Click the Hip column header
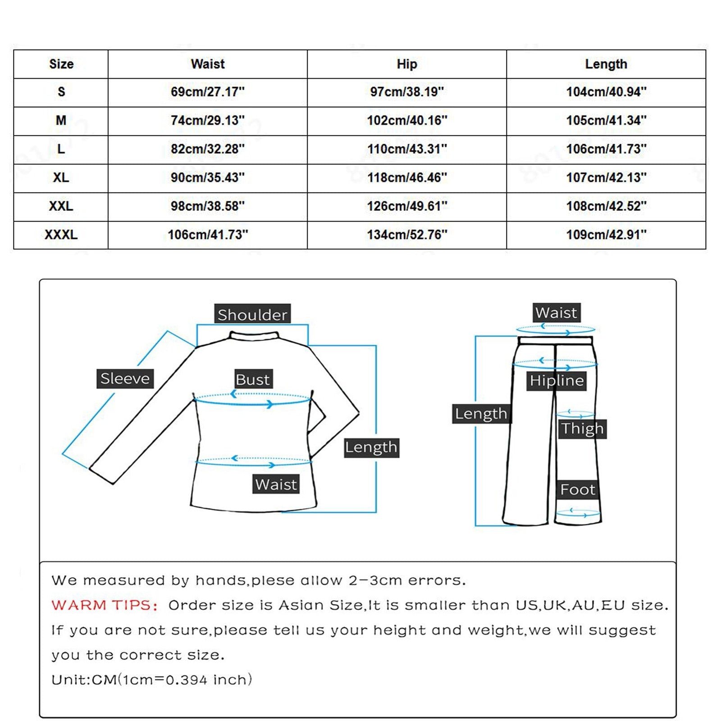(x=406, y=64)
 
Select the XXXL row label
(x=61, y=235)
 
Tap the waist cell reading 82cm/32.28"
(x=207, y=149)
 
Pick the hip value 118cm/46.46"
(x=406, y=178)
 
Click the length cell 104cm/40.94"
(x=606, y=92)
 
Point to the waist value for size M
(x=207, y=120)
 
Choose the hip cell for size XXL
(x=406, y=206)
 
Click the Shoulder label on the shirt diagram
(x=252, y=315)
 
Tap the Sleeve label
(x=125, y=379)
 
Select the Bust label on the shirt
(x=253, y=379)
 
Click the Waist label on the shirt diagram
(x=276, y=484)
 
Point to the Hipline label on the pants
(x=557, y=381)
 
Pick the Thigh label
(x=582, y=429)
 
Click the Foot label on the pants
(x=578, y=489)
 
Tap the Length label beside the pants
(x=481, y=414)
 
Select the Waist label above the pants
(x=556, y=313)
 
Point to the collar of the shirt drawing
(x=254, y=336)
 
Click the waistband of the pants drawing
(x=555, y=341)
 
